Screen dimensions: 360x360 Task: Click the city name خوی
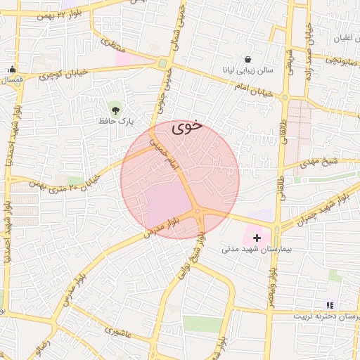tap(186, 127)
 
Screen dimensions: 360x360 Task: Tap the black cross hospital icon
tap(256, 238)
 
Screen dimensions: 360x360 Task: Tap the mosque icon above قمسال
tap(12, 69)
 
